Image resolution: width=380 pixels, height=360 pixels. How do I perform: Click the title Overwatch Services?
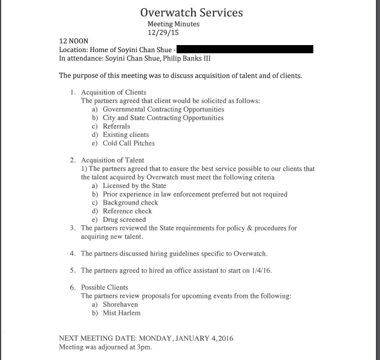pos(192,12)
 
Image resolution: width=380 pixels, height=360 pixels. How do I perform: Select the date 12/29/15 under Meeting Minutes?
pos(173,33)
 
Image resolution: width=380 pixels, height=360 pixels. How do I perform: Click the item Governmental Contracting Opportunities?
pos(163,109)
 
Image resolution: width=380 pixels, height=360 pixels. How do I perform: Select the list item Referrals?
pos(116,126)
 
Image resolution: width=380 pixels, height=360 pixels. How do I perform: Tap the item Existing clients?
pos(126,135)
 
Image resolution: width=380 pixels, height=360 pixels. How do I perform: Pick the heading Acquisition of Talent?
pos(112,160)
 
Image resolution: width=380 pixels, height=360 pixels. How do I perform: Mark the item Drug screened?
pos(124,220)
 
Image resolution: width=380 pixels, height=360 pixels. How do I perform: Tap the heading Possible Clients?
pos(104,287)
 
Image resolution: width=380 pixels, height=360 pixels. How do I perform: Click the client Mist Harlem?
pos(122,313)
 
